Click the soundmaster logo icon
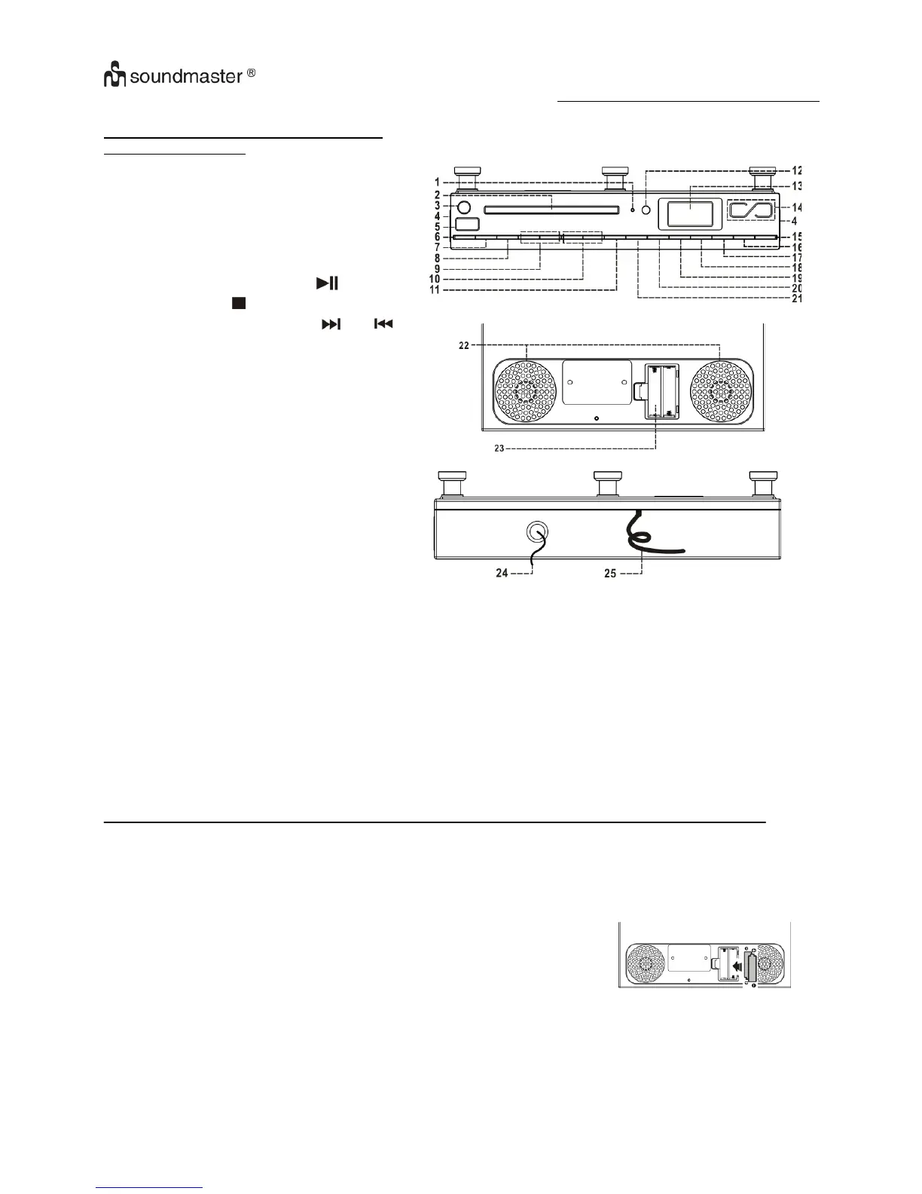coord(112,76)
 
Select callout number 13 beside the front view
coord(796,185)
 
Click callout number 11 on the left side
coord(435,289)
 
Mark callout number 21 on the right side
coord(796,298)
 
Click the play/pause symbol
coord(328,283)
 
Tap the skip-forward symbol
coord(331,323)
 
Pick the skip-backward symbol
coord(383,323)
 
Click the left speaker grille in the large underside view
coord(526,391)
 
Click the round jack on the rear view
coord(537,533)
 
